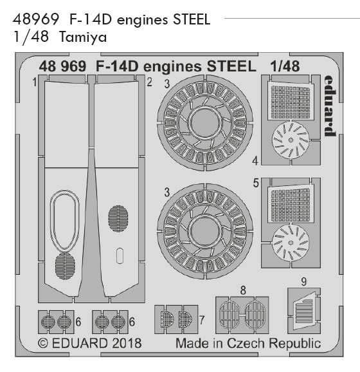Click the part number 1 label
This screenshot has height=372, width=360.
[x=35, y=82]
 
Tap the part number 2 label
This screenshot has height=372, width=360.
[x=149, y=82]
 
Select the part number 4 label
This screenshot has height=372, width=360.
[x=255, y=161]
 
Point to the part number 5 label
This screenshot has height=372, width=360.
[x=256, y=183]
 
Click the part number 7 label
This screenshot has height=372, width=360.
[x=202, y=320]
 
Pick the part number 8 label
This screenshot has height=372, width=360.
[x=243, y=290]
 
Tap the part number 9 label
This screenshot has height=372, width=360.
[x=304, y=282]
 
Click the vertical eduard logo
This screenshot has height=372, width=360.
[x=330, y=106]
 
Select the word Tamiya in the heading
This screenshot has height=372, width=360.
[x=83, y=37]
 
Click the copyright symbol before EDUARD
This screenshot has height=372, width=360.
[x=43, y=343]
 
